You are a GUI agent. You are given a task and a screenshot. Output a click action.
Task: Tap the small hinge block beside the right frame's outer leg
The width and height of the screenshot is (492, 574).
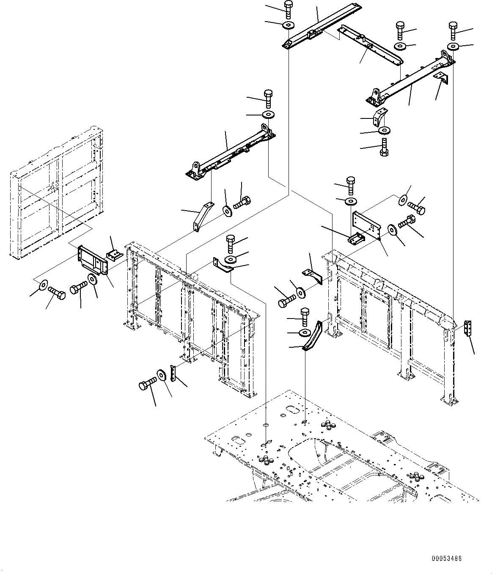pyautogui.click(x=467, y=330)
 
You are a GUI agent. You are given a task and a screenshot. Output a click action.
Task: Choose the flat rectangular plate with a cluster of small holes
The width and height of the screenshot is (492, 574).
pyautogui.click(x=368, y=224)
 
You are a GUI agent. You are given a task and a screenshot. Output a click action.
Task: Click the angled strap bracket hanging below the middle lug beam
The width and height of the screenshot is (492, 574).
pyautogui.click(x=202, y=216)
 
